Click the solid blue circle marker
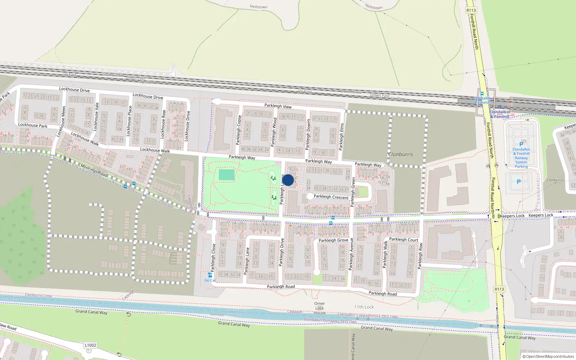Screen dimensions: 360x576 (x=288, y=180)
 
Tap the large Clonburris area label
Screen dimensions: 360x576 (x=400, y=154)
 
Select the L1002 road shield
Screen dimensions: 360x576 (x=90, y=345)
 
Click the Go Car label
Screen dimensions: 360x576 (x=210, y=280)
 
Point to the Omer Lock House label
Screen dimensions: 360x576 (x=319, y=308)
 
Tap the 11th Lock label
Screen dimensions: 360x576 (x=364, y=307)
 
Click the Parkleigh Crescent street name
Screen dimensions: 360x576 (x=331, y=197)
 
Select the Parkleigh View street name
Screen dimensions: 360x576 (x=278, y=106)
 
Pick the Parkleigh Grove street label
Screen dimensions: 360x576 (x=333, y=240)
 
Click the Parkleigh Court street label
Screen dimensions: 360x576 (x=404, y=239)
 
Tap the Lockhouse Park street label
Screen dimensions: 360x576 (x=33, y=125)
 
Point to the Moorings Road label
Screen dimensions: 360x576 (x=94, y=170)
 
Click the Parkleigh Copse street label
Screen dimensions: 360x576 (x=239, y=130)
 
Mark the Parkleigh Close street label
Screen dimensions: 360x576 (x=213, y=257)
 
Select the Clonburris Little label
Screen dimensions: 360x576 (x=39, y=295)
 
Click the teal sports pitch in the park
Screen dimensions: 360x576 (x=226, y=175)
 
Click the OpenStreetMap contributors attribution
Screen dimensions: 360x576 (x=548, y=357)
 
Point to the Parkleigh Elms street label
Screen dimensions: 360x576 (x=341, y=137)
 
